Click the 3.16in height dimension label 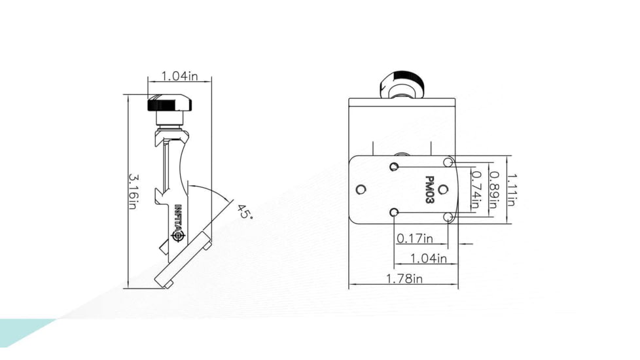132,191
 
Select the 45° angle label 244,213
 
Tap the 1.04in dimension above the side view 179,77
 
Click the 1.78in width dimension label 403,279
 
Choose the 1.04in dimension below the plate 429,258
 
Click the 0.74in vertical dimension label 476,190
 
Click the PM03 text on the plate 429,190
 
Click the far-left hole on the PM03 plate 361,190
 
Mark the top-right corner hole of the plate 448,162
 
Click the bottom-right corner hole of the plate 448,217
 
